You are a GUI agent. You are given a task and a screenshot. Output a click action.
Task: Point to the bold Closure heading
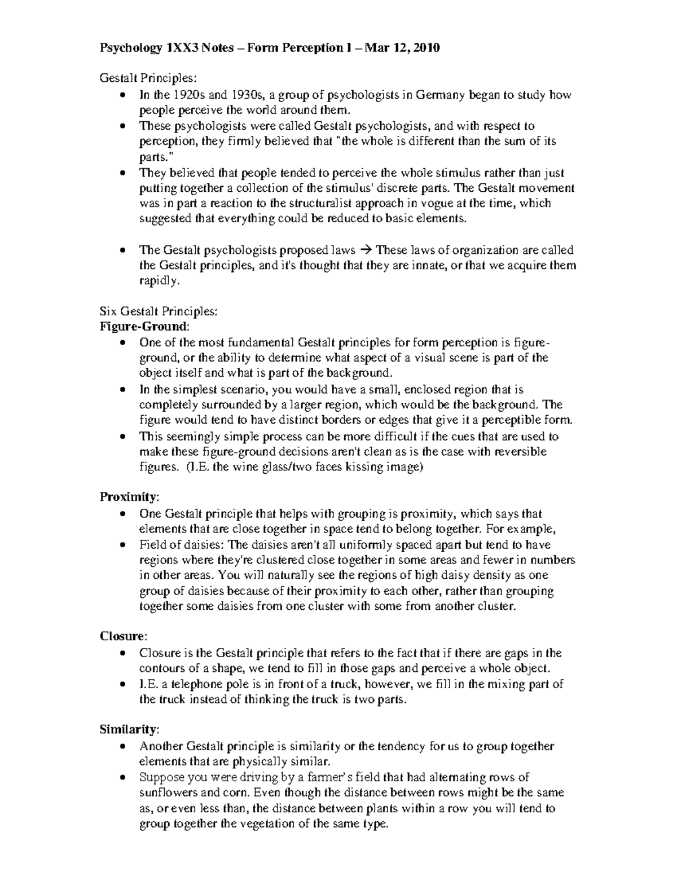[122, 636]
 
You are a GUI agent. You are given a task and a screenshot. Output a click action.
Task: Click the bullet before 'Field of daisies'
[124, 545]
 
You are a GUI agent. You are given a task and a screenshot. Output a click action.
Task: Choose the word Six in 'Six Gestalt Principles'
[108, 311]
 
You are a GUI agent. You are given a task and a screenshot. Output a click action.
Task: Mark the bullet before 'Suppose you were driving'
[124, 778]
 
